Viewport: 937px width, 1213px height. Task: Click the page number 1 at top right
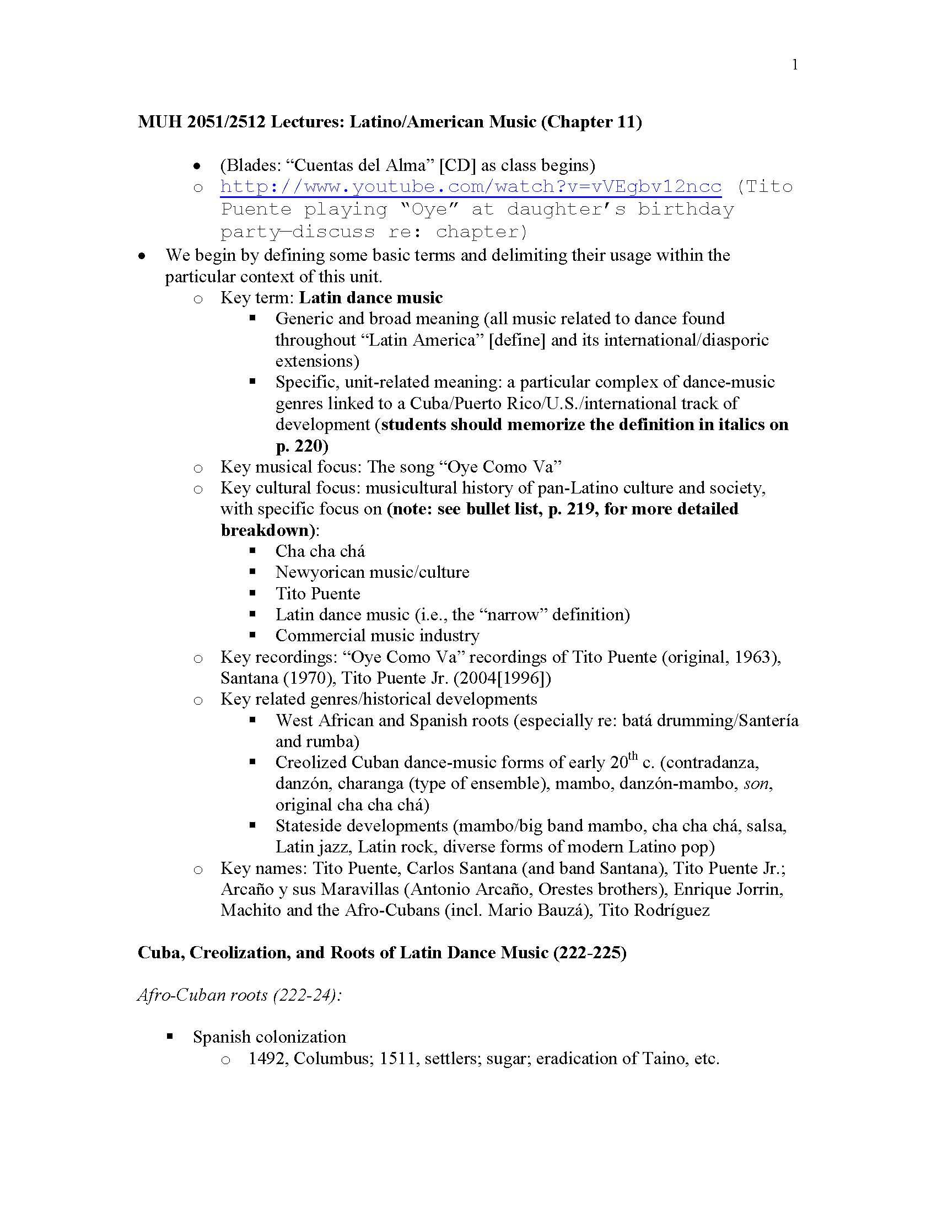[795, 66]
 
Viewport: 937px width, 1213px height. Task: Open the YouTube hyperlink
[471, 186]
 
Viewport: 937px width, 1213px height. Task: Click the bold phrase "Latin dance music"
[371, 298]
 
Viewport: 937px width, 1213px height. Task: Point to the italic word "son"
[757, 783]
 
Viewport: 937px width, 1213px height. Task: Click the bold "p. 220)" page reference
[302, 446]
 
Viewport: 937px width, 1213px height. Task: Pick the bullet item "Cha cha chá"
[320, 551]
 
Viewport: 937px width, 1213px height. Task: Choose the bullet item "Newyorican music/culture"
[372, 573]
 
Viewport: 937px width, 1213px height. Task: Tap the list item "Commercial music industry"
[378, 636]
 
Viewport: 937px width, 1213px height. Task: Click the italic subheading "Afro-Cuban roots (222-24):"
[239, 995]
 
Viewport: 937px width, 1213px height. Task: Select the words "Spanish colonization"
[269, 1037]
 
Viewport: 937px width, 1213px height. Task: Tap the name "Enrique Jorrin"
[728, 889]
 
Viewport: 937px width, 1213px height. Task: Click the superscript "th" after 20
[633, 756]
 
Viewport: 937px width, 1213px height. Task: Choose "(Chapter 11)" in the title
[591, 122]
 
